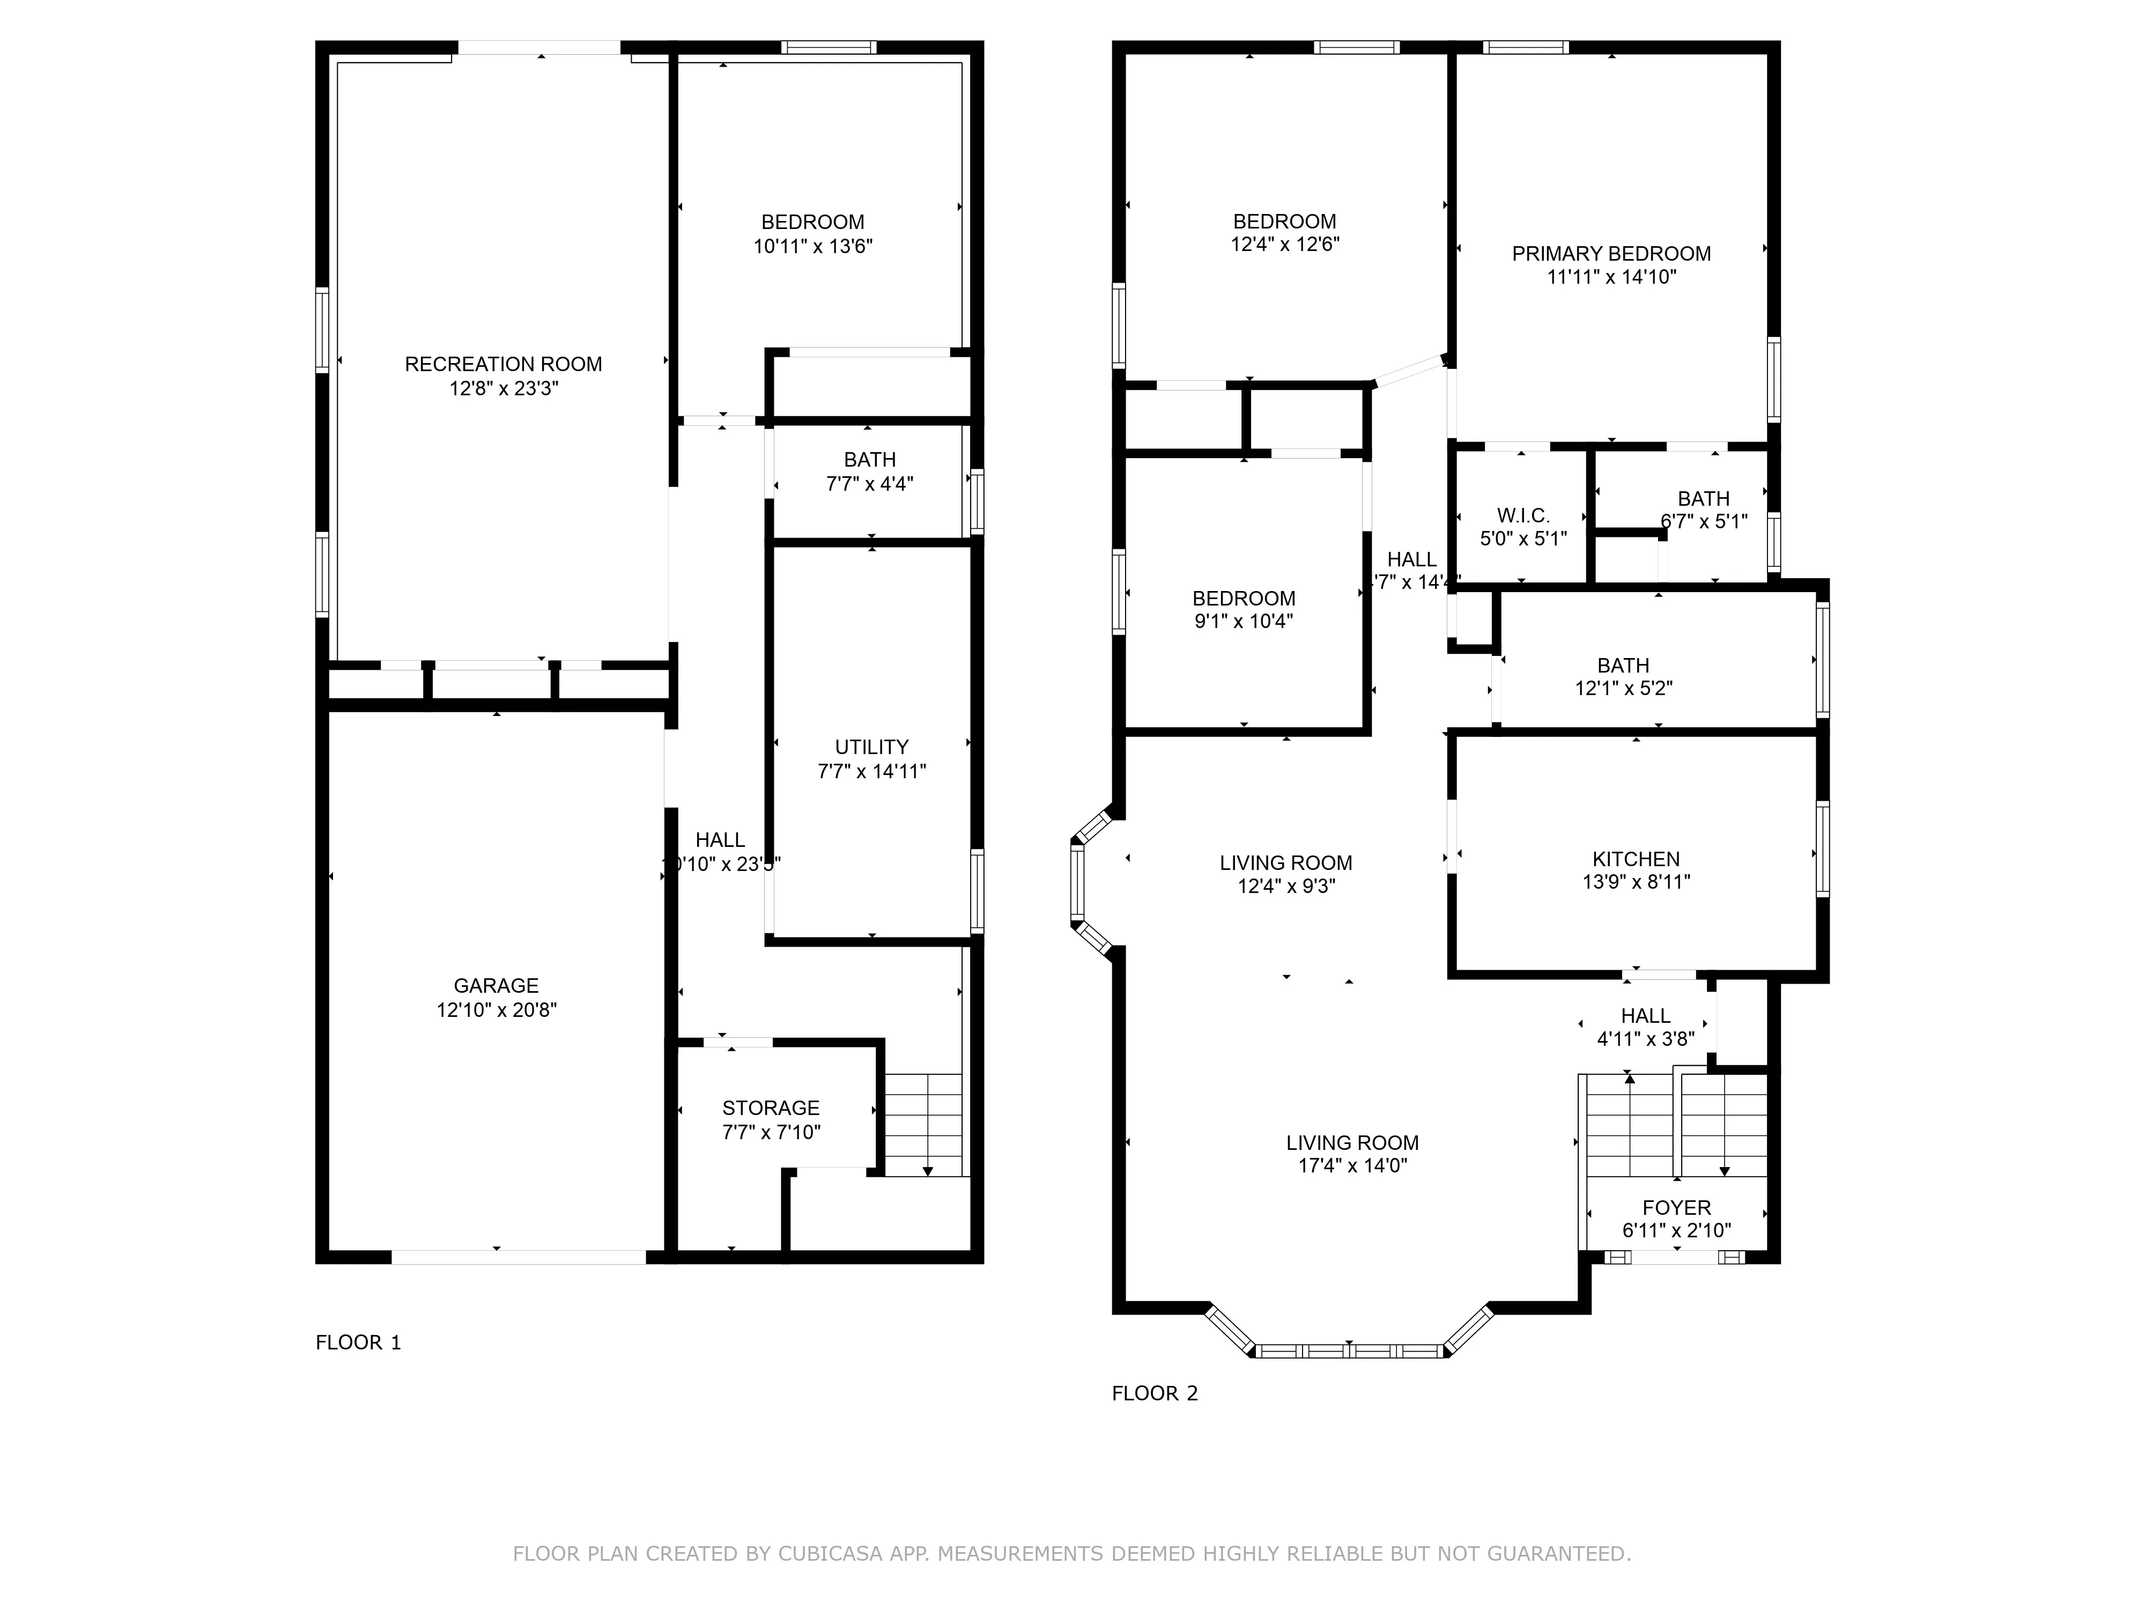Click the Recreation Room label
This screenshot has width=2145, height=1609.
[x=504, y=365]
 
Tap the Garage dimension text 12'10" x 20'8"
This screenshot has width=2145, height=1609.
[x=497, y=1009]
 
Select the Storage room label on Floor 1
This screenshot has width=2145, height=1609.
[x=771, y=1108]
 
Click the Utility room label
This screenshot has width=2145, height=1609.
[x=872, y=747]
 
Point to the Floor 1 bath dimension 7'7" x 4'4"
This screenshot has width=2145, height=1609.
[x=870, y=484]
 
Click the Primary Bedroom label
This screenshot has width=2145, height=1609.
[x=1611, y=254]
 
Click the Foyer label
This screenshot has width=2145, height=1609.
[x=1677, y=1207]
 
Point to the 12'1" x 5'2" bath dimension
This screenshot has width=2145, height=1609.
[x=1623, y=689]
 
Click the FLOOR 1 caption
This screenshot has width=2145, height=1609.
[x=358, y=1342]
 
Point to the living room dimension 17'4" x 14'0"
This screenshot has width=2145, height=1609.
[x=1353, y=1166]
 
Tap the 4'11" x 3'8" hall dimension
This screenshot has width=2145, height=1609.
[x=1646, y=1039]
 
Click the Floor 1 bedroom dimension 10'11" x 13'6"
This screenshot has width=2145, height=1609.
[x=812, y=246]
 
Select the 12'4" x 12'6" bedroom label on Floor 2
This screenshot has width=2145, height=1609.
[x=1285, y=221]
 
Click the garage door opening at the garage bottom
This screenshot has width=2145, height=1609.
[x=519, y=1257]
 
